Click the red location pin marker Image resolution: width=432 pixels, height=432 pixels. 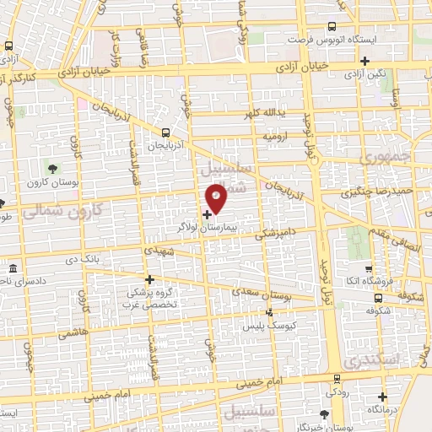[x=217, y=198]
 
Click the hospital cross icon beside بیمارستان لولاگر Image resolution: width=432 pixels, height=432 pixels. [x=208, y=215]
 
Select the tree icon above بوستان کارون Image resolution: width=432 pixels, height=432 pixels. [x=53, y=168]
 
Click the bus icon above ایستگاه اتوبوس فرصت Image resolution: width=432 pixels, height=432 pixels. [x=331, y=27]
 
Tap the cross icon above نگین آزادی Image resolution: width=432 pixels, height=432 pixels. [x=364, y=61]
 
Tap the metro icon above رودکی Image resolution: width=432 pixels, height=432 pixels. [x=337, y=378]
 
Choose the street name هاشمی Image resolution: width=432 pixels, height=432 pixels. [x=73, y=333]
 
